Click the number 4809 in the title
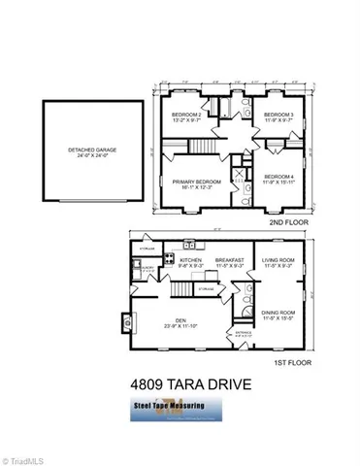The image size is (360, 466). click(150, 386)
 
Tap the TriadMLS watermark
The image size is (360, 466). click(26, 456)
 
